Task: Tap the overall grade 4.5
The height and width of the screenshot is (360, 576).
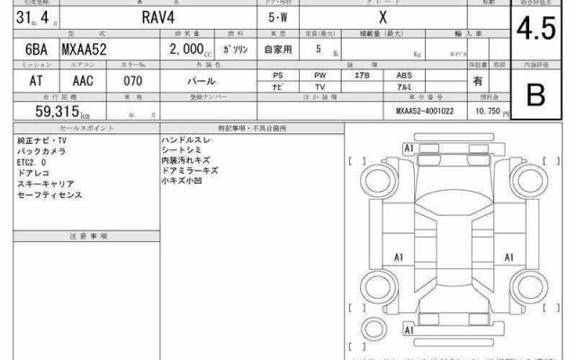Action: (535, 30)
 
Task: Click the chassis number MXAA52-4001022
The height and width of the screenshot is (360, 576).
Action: (427, 112)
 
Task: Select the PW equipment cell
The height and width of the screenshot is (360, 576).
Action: (320, 75)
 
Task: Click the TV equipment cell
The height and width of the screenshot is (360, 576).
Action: (320, 86)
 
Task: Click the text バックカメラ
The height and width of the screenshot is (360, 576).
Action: (41, 152)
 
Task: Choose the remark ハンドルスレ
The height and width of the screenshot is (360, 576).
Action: (186, 141)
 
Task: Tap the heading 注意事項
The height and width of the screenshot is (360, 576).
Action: (87, 235)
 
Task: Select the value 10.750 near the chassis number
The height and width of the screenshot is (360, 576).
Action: (488, 112)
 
